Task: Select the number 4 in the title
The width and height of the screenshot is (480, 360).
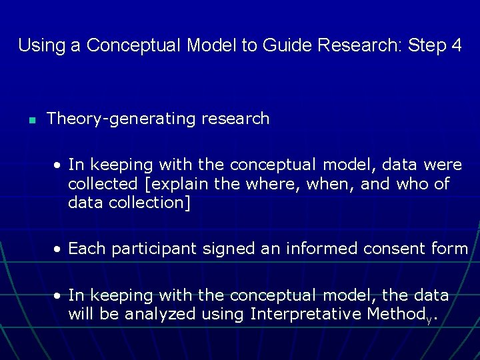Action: (x=456, y=45)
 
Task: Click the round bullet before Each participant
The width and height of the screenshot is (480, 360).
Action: (x=59, y=249)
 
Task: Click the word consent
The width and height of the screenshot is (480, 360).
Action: (x=396, y=249)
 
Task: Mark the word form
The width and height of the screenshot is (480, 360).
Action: (x=450, y=249)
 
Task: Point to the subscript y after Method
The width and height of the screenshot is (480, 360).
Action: (x=429, y=318)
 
